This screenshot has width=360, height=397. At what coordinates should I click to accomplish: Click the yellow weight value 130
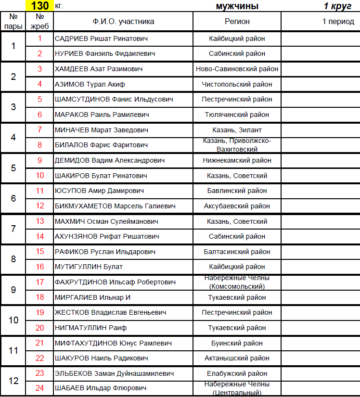click(39, 6)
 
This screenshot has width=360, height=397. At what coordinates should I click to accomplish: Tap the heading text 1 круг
click(339, 6)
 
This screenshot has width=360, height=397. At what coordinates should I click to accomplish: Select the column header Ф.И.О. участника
click(123, 22)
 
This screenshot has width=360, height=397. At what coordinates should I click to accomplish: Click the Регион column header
click(237, 22)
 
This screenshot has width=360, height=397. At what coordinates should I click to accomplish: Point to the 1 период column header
click(338, 22)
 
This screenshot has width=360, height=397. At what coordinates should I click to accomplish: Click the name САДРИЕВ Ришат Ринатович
click(101, 38)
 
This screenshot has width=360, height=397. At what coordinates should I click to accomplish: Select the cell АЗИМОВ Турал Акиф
click(90, 84)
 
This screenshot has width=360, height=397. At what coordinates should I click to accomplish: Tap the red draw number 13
click(40, 221)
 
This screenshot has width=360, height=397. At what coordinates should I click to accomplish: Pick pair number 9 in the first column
click(13, 290)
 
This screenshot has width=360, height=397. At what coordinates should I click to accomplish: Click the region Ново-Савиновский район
click(237, 69)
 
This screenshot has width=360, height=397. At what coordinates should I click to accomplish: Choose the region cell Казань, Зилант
click(237, 130)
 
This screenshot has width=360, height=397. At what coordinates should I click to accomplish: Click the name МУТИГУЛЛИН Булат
click(89, 267)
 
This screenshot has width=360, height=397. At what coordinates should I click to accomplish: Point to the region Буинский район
click(237, 343)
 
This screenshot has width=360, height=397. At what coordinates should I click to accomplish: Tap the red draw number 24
click(40, 388)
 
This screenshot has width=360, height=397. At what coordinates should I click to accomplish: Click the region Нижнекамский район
click(237, 160)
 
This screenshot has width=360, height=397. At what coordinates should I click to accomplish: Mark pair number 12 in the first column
click(13, 381)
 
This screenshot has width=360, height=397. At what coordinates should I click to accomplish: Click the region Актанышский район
click(237, 358)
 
